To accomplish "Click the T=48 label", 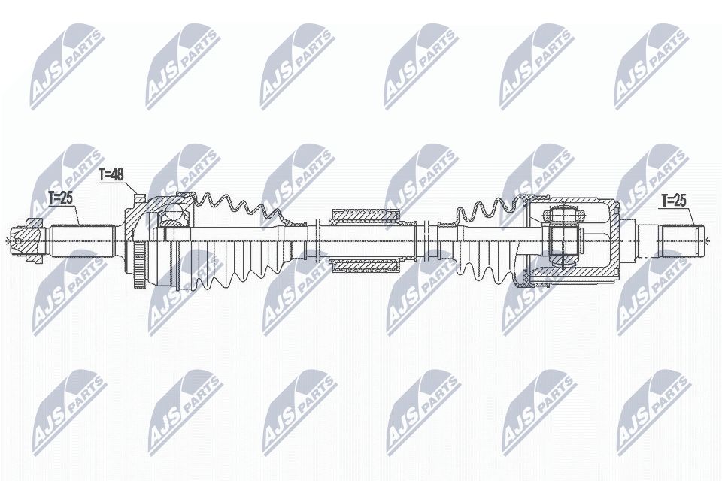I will click(x=111, y=174).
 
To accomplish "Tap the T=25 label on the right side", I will click(x=675, y=200).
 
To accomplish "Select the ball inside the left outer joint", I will click(x=174, y=216).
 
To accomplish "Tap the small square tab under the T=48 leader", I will click(x=139, y=198).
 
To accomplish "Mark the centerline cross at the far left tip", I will click(x=6, y=240).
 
